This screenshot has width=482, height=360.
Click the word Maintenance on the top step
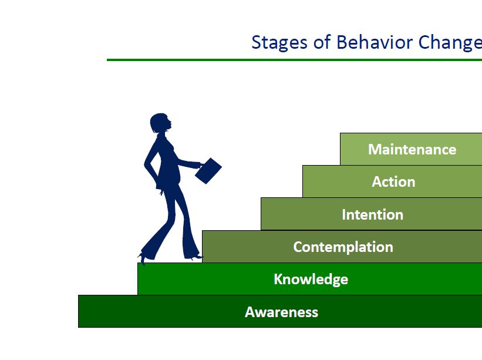[x=412, y=150]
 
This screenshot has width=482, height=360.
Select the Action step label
[x=393, y=182]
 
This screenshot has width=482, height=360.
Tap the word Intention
[x=372, y=214]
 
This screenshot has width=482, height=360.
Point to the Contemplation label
[x=343, y=247]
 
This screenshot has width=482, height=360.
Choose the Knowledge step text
[x=311, y=279]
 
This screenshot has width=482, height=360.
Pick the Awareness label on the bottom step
[x=281, y=312]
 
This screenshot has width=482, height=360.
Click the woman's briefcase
[x=208, y=171]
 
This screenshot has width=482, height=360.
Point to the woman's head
[x=160, y=124]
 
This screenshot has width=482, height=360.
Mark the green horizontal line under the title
[x=294, y=60]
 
